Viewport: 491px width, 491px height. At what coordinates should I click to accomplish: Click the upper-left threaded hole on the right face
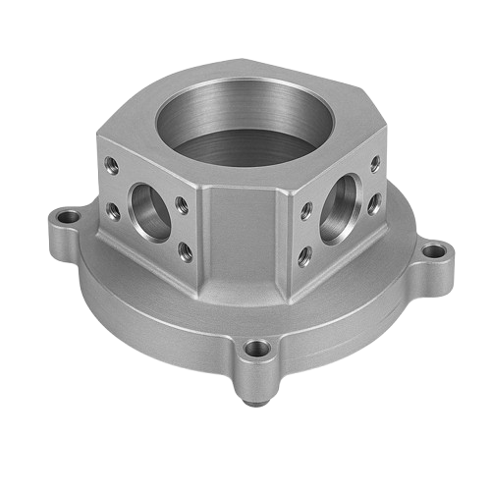pyautogui.click(x=307, y=208)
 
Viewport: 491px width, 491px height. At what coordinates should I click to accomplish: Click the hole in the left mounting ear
pyautogui.click(x=69, y=215)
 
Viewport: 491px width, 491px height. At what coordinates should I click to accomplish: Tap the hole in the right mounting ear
pyautogui.click(x=433, y=252)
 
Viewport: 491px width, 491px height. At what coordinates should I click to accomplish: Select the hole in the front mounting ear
pyautogui.click(x=257, y=349)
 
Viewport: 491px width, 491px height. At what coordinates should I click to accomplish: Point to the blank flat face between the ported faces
pyautogui.click(x=245, y=241)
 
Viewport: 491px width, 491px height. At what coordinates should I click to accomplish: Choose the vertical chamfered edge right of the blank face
pyautogui.click(x=291, y=241)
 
